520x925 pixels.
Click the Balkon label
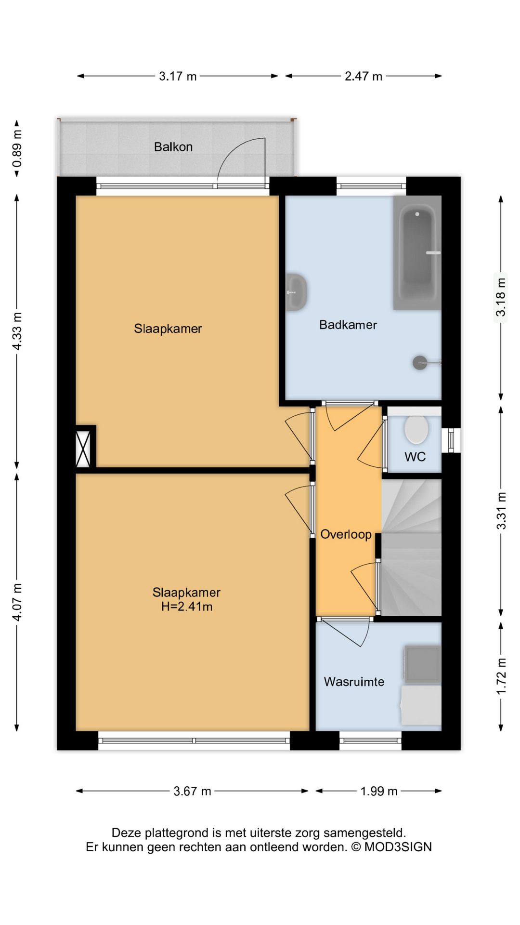tap(173, 147)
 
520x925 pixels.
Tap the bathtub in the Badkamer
tap(417, 252)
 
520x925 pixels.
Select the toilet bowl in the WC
tap(416, 429)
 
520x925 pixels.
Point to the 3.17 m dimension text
tap(178, 76)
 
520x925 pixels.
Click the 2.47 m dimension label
tap(363, 76)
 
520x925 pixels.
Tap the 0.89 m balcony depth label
tap(17, 148)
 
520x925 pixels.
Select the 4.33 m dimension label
tap(17, 331)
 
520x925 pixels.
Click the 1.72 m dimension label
tap(501, 676)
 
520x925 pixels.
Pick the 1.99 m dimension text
tap(379, 791)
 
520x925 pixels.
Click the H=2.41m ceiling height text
tap(187, 607)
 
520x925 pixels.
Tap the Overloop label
tap(346, 534)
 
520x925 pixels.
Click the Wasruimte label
tap(354, 682)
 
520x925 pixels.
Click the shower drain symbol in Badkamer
tap(420, 363)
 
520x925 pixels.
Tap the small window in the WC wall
tap(451, 439)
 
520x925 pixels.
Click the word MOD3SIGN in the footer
tap(398, 846)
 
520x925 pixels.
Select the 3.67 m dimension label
tap(192, 791)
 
